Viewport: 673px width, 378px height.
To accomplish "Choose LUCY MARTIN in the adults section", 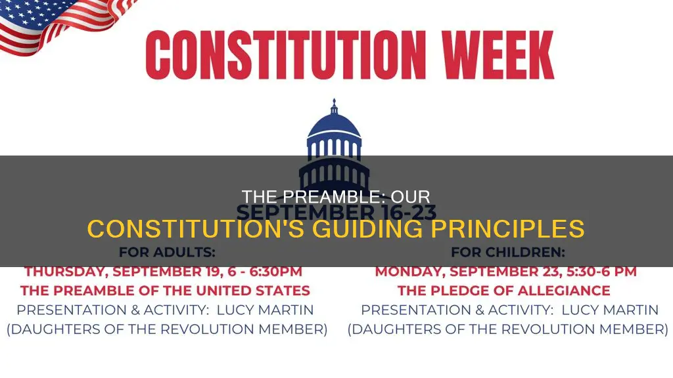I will coord(252,310).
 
